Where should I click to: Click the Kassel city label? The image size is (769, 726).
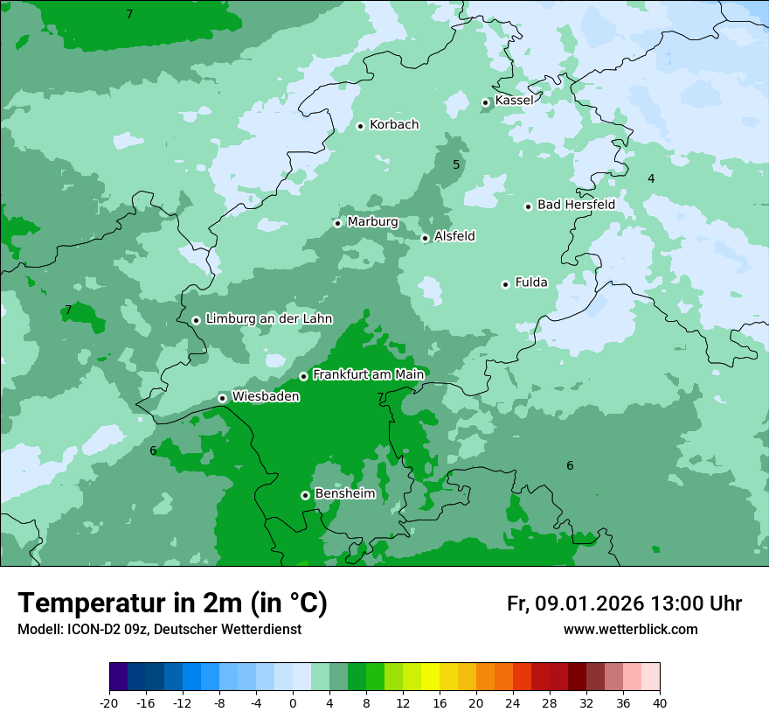[514, 101]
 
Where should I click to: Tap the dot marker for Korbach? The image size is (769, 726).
[360, 126]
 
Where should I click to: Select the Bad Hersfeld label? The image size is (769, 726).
[576, 205]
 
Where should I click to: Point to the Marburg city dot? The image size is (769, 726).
[337, 223]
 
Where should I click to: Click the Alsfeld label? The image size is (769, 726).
[454, 236]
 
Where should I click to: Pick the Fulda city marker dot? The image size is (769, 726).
[505, 284]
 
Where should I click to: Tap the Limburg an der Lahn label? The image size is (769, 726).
[268, 319]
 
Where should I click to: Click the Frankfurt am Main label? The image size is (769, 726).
[368, 374]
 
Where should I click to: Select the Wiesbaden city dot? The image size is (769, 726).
[222, 398]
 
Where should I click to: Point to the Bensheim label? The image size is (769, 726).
[344, 493]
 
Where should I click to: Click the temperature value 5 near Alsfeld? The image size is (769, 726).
[456, 164]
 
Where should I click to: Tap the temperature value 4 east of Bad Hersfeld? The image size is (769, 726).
[651, 178]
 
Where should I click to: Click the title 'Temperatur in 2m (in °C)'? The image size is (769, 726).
[173, 604]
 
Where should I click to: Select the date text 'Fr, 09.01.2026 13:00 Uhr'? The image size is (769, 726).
[624, 604]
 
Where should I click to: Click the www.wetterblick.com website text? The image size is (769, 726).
[630, 629]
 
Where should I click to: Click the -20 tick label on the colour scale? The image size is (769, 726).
[109, 703]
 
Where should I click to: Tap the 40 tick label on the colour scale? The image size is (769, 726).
[659, 703]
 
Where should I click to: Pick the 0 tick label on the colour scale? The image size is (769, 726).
[293, 703]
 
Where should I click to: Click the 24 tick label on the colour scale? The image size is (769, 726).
[512, 703]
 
